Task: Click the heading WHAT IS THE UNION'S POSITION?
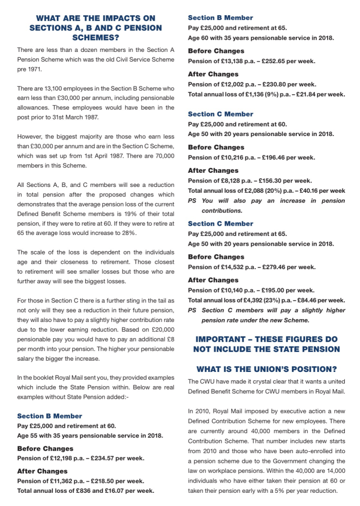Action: tap(266, 369)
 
